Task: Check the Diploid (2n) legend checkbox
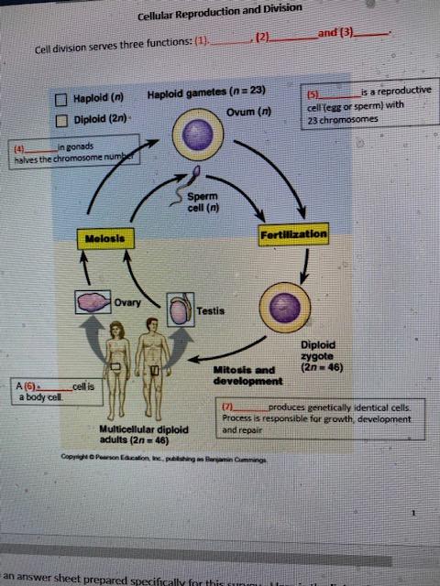[61, 120]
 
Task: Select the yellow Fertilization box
[293, 234]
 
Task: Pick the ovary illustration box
[93, 305]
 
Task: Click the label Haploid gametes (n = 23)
[205, 92]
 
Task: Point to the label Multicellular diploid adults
[137, 432]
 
